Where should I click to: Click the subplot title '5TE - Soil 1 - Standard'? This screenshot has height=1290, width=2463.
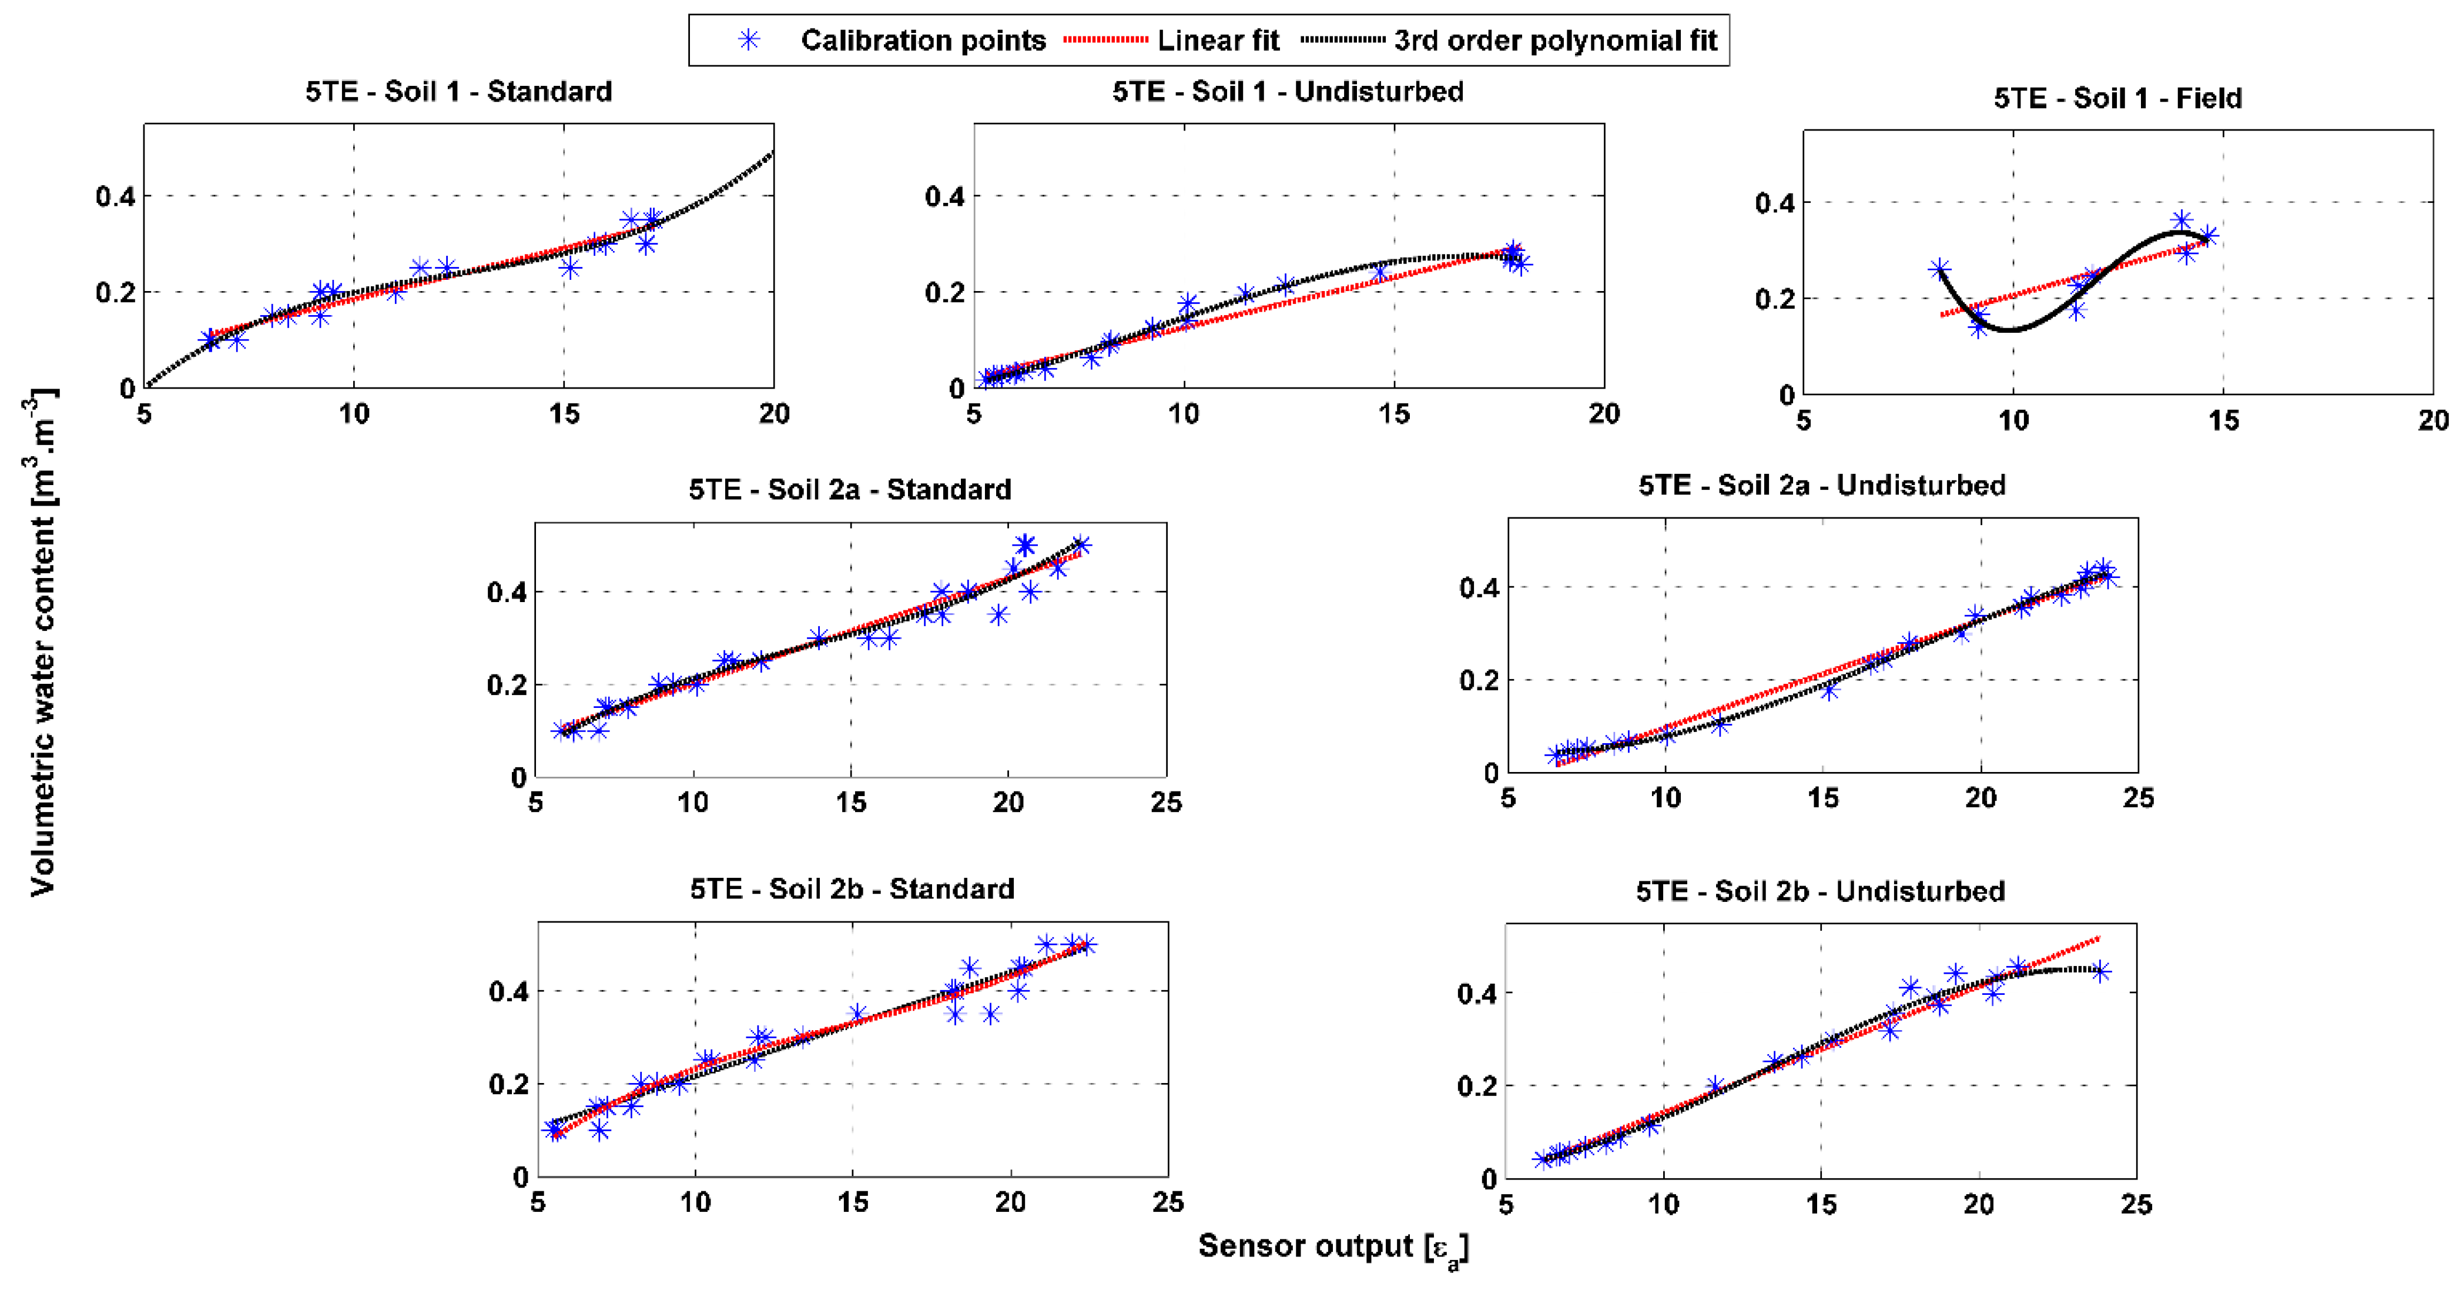[x=459, y=92]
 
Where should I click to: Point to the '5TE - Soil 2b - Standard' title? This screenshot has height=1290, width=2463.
[x=852, y=890]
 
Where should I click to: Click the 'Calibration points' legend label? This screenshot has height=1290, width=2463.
[x=923, y=40]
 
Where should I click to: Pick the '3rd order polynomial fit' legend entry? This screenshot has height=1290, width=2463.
[x=1554, y=40]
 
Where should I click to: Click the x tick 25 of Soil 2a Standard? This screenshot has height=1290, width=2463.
[x=1165, y=803]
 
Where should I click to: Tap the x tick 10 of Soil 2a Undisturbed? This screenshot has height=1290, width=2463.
[x=1666, y=798]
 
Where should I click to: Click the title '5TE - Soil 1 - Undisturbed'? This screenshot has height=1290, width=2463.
[x=1287, y=92]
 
